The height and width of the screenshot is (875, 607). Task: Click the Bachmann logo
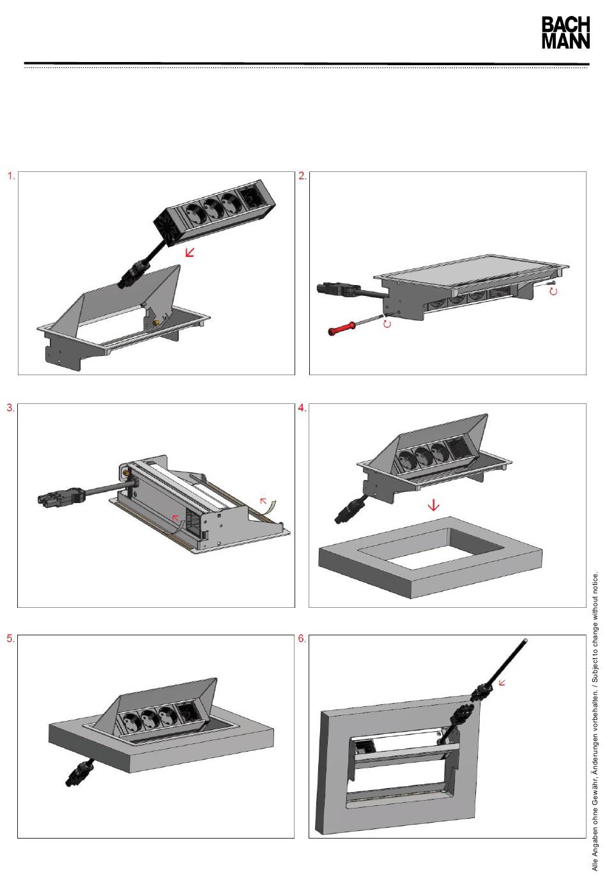pyautogui.click(x=565, y=33)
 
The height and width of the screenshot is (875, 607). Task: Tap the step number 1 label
pyautogui.click(x=12, y=176)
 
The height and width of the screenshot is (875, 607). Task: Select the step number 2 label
pyautogui.click(x=302, y=176)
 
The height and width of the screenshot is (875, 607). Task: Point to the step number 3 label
pyautogui.click(x=11, y=408)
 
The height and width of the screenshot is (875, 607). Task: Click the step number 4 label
pyautogui.click(x=302, y=408)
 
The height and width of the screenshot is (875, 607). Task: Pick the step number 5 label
pyautogui.click(x=11, y=639)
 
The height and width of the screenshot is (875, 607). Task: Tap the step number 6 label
pyautogui.click(x=302, y=639)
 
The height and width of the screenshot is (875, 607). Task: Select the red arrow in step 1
pyautogui.click(x=190, y=252)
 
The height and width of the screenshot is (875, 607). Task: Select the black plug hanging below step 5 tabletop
pyautogui.click(x=80, y=771)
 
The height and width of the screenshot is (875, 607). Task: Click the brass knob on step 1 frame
pyautogui.click(x=157, y=323)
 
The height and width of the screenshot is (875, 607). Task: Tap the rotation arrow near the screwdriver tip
pyautogui.click(x=387, y=324)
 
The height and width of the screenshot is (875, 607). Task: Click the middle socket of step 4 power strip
pyautogui.click(x=422, y=454)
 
